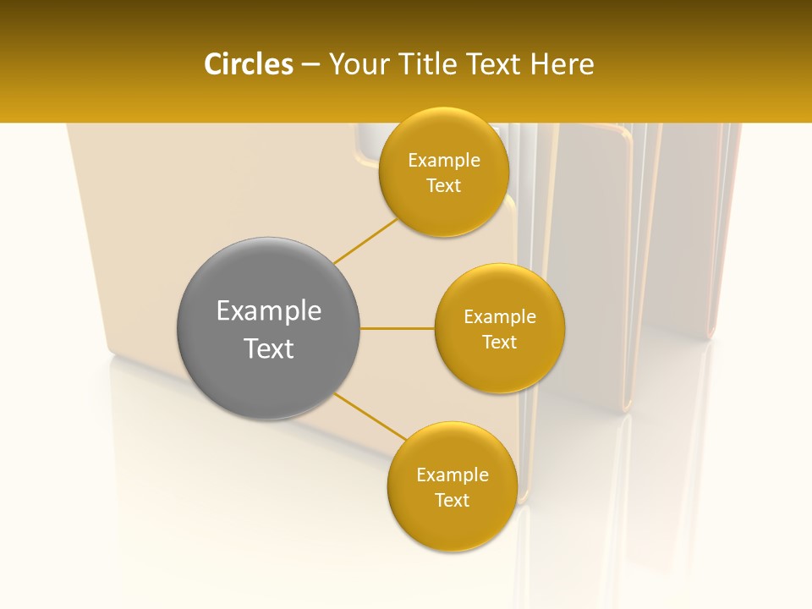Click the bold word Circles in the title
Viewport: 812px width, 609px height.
click(249, 64)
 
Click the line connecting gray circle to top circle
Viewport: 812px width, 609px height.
click(365, 241)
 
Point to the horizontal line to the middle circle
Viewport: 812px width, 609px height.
click(398, 328)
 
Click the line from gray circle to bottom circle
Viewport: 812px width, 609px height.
click(370, 417)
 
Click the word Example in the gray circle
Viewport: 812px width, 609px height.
click(268, 311)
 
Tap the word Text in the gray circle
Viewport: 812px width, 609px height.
click(268, 348)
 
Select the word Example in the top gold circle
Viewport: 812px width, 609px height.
click(443, 161)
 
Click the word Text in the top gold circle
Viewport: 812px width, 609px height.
click(443, 186)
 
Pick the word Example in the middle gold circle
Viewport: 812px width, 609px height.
click(500, 317)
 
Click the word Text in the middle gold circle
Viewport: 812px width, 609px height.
click(500, 343)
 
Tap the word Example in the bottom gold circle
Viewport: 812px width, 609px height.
click(452, 475)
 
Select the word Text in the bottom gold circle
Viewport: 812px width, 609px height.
click(452, 501)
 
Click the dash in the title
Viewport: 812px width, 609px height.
click(310, 65)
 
